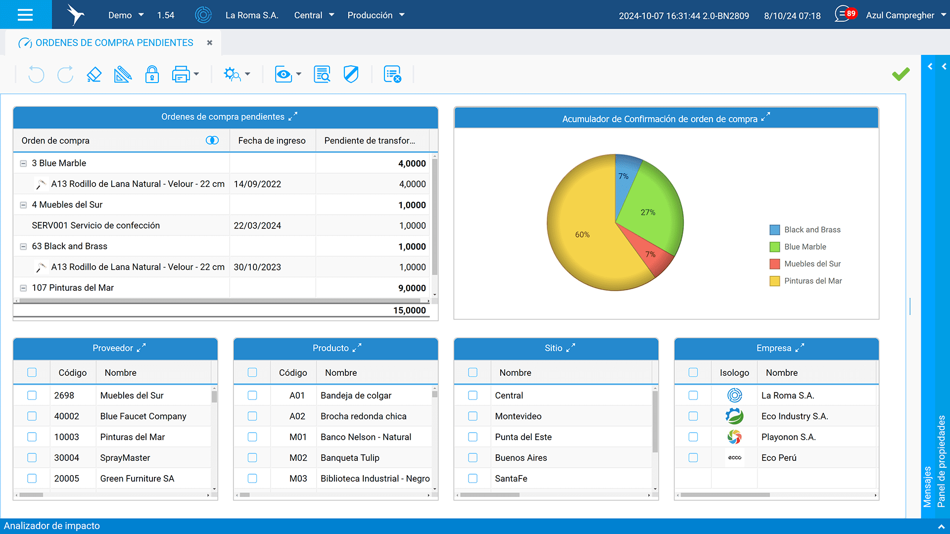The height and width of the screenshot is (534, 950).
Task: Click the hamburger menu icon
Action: [25, 15]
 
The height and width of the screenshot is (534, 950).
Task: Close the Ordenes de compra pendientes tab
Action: [210, 43]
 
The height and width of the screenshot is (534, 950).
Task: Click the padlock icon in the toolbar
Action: [152, 75]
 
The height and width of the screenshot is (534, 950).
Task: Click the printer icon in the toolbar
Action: [181, 75]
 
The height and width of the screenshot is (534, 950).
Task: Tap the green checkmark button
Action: [901, 74]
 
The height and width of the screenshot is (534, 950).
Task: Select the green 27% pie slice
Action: [651, 208]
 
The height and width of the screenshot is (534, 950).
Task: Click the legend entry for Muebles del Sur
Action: [812, 264]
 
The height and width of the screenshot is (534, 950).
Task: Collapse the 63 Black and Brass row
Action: [23, 246]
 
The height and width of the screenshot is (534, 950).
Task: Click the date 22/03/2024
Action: [257, 225]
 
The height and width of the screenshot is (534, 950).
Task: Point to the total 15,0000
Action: [409, 311]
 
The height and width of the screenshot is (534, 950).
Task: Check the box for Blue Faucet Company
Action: [32, 416]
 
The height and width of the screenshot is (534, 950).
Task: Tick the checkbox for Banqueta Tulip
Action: [252, 458]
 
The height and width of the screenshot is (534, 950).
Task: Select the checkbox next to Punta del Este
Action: [473, 437]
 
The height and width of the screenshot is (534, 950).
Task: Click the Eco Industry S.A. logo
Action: [734, 416]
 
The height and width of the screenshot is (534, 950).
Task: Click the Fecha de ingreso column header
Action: [272, 140]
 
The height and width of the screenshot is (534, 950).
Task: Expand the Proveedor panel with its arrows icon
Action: [142, 348]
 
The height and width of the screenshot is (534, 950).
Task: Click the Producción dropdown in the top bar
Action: [376, 15]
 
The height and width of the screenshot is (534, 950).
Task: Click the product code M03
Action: [298, 479]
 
